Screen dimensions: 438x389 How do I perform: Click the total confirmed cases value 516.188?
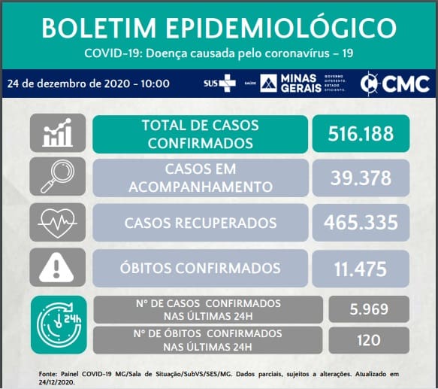point(361,133)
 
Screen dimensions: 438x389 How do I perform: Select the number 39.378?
point(361,178)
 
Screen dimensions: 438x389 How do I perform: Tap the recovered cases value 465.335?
point(361,223)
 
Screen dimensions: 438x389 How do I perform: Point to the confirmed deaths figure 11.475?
point(361,269)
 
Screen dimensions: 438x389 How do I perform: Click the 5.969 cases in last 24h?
point(369,309)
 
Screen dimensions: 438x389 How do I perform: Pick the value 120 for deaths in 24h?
point(369,340)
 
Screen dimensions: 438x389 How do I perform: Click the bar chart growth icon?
point(58,132)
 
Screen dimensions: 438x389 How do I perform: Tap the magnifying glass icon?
point(58,176)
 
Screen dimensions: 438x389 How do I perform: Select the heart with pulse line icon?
point(58,223)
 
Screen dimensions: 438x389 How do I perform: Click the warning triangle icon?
point(56,267)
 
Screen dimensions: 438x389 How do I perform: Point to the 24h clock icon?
point(59,324)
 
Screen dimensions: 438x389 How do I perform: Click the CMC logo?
point(394,84)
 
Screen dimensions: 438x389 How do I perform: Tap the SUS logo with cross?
point(219,83)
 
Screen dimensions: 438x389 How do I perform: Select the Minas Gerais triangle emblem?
point(268,83)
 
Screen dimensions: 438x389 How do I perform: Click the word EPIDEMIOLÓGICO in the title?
point(281,28)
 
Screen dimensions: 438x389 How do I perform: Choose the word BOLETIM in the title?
point(99,29)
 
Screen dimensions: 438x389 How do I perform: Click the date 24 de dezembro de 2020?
point(68,84)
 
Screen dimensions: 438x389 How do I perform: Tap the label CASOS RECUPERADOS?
point(201,223)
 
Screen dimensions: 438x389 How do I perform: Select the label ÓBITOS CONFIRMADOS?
point(201,268)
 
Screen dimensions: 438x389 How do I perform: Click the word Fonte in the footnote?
point(48,374)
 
